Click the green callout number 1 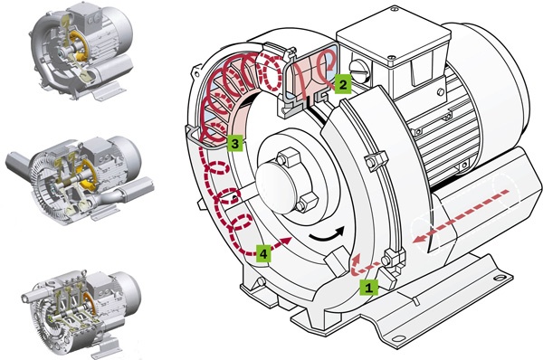coord(367,288)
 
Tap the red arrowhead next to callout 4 coord(288,241)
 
